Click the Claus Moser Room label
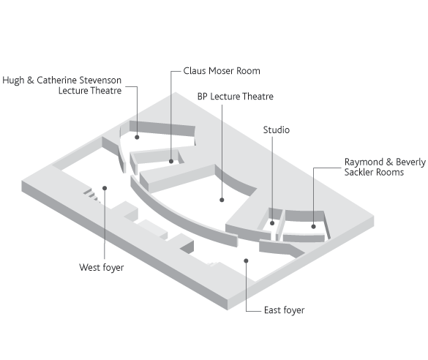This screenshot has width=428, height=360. point(222,71)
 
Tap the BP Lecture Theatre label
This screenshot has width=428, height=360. point(236,97)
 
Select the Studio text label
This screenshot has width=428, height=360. point(277,130)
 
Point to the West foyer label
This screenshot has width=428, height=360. point(102,268)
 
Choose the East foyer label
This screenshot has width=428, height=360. point(284,310)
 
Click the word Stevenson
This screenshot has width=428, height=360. point(100,80)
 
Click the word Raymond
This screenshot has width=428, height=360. point(364,162)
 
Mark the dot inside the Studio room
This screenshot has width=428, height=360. point(272,223)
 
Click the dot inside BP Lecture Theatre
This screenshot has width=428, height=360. point(222,200)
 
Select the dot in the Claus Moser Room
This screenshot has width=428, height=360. point(171,161)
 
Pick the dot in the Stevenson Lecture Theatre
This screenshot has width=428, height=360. point(137,138)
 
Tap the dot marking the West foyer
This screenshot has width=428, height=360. point(105,188)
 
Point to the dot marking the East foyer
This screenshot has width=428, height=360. point(246,261)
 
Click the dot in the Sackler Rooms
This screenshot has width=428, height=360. point(313,227)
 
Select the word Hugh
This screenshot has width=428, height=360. point(13,80)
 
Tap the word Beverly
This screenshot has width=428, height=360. point(410,162)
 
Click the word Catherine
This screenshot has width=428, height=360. point(56,80)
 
